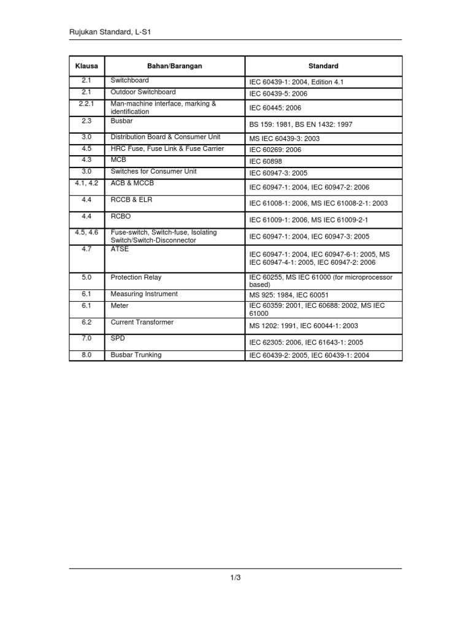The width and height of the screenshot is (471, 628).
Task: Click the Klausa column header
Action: pyautogui.click(x=86, y=66)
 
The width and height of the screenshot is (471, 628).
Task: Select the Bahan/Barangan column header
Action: pyautogui.click(x=175, y=66)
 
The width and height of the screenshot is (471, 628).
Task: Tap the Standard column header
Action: pyautogui.click(x=323, y=66)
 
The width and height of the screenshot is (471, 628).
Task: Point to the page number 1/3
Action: pyautogui.click(x=235, y=576)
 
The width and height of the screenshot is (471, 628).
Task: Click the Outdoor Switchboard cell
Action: pyautogui.click(x=143, y=92)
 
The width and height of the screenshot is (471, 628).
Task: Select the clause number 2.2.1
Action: pyautogui.click(x=86, y=104)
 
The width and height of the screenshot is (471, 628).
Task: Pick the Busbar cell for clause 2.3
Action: pyautogui.click(x=122, y=122)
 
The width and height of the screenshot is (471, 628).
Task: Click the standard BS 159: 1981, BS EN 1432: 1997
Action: pyautogui.click(x=301, y=124)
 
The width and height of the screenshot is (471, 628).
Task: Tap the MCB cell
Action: pyautogui.click(x=118, y=160)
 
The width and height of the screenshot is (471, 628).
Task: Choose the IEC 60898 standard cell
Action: pyautogui.click(x=266, y=161)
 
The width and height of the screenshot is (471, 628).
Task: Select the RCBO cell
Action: pyautogui.click(x=121, y=216)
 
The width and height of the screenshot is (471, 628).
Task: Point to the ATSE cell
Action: pyautogui.click(x=120, y=249)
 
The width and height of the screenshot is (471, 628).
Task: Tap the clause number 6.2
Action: pyautogui.click(x=86, y=322)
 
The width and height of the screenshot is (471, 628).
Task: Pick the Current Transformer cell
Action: pyautogui.click(x=142, y=322)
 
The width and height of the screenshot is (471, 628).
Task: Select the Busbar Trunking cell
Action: pyautogui.click(x=136, y=354)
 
